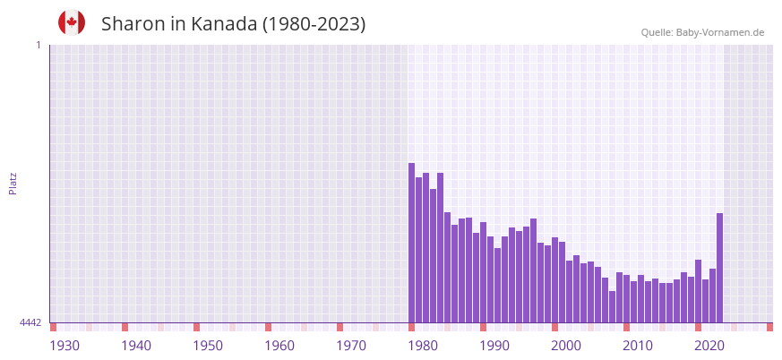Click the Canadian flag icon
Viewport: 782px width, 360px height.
pos(72,23)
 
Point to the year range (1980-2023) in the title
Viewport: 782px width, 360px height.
pos(314,24)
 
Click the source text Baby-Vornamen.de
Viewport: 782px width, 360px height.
pos(719,33)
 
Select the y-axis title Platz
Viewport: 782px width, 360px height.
pos(13,183)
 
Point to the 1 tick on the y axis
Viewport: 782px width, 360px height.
pos(38,45)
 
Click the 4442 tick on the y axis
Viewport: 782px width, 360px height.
pos(30,322)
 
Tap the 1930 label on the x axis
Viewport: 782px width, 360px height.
pos(64,346)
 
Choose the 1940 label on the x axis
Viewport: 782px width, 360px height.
pos(136,346)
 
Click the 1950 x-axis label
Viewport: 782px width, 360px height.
pos(208,346)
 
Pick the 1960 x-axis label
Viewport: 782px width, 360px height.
pos(279,346)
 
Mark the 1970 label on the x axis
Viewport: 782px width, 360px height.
pos(351,346)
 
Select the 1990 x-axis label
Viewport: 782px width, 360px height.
pos(494,346)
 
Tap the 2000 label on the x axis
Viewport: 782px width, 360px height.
pos(566,346)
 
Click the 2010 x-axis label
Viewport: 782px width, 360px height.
pos(638,346)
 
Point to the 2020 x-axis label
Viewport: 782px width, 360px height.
pos(709,346)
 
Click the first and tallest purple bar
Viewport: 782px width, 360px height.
pos(412,242)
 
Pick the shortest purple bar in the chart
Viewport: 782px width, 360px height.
pos(612,307)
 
